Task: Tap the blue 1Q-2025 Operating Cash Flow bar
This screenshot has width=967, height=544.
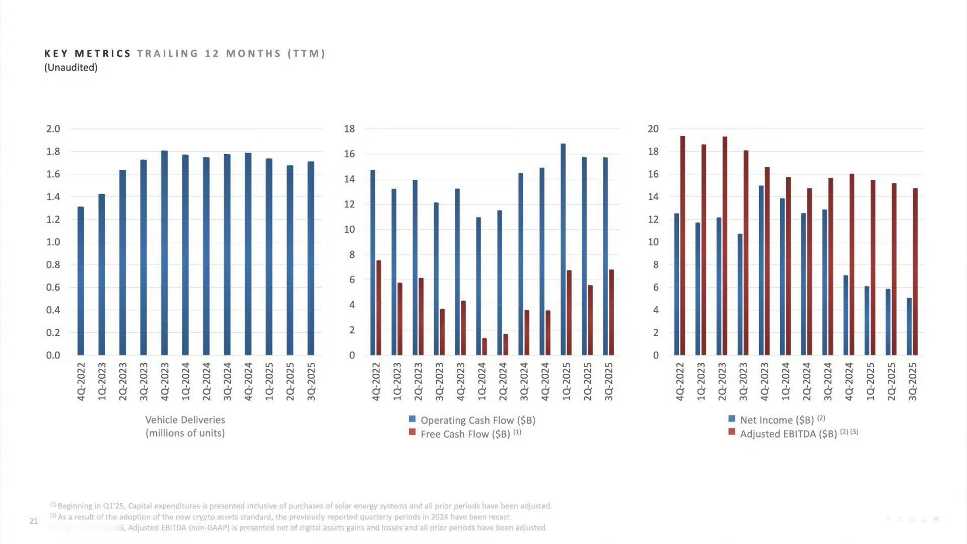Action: click(563, 249)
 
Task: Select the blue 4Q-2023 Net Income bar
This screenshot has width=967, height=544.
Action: click(761, 270)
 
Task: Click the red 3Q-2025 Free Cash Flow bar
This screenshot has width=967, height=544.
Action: click(611, 312)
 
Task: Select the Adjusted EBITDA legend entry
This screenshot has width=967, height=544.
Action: click(788, 433)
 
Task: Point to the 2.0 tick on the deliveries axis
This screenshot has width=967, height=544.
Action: click(53, 129)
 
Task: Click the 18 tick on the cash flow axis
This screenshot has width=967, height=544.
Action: click(350, 129)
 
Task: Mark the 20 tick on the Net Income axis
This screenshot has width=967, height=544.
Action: click(653, 129)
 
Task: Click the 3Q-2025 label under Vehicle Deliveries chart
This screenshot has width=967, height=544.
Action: click(311, 381)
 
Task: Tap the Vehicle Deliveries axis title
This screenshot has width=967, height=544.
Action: click(185, 426)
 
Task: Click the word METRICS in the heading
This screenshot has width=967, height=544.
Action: click(103, 53)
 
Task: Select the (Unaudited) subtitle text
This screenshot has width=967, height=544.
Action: click(71, 67)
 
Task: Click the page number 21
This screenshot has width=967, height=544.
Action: click(34, 521)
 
